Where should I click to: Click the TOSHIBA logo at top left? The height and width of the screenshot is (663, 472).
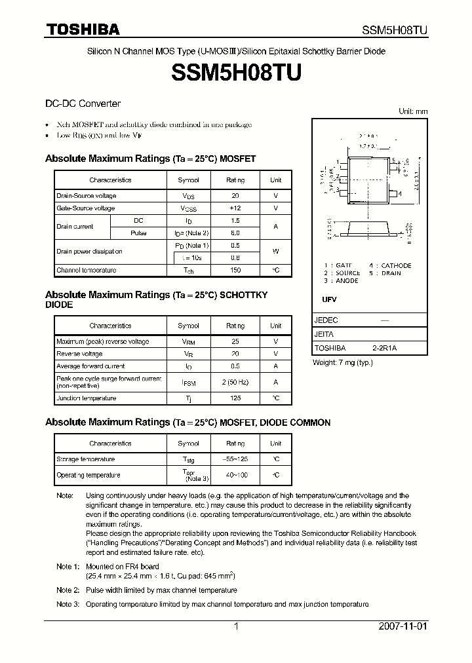(x=82, y=29)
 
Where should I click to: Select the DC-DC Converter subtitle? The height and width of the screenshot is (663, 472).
(x=83, y=104)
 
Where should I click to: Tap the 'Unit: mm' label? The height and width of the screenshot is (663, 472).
(x=413, y=111)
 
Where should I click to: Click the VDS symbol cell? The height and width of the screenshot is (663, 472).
(x=188, y=196)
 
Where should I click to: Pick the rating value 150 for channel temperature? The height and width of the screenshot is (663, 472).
(x=235, y=270)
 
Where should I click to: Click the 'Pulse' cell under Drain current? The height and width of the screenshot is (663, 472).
(x=138, y=233)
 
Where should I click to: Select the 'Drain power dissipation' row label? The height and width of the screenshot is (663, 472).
(x=89, y=252)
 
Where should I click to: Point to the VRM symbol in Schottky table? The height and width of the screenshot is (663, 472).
(x=188, y=341)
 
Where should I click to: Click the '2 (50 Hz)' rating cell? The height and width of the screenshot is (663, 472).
(x=235, y=382)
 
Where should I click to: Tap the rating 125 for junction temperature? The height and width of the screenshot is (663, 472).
(x=235, y=398)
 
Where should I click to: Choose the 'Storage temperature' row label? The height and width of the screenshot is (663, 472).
(x=85, y=459)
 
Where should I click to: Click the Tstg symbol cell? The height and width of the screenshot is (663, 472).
(x=188, y=459)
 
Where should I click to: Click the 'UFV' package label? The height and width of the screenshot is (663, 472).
(x=329, y=299)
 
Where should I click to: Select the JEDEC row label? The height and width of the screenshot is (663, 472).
(x=326, y=320)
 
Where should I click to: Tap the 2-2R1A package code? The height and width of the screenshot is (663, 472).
(x=384, y=348)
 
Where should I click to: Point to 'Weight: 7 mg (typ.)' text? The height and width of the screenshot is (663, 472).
(x=342, y=362)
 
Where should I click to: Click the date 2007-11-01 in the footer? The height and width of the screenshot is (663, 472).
(x=403, y=626)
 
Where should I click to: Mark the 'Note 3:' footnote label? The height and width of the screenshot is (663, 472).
(x=68, y=604)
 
